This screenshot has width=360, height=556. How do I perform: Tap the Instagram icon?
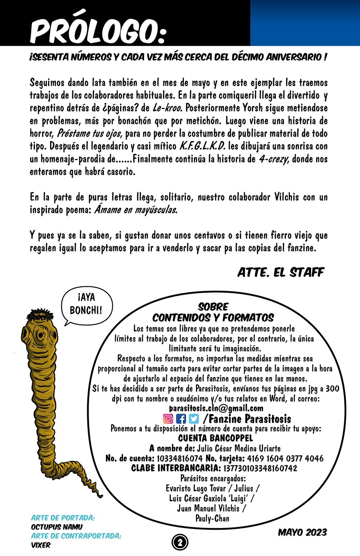(x=168, y=419)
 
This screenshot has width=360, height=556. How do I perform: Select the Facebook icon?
(x=181, y=419)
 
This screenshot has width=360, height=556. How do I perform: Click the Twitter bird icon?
(x=194, y=419)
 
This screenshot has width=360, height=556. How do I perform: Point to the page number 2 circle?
(x=180, y=542)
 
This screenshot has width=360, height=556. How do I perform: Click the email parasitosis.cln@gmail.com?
(x=216, y=408)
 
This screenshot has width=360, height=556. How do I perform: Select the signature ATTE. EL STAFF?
(x=280, y=272)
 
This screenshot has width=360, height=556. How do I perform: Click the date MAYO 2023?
(x=302, y=532)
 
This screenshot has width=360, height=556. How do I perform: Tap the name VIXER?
(x=41, y=545)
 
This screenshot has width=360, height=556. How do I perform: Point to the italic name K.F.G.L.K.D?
(x=202, y=146)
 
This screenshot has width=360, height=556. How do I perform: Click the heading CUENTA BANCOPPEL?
(x=215, y=438)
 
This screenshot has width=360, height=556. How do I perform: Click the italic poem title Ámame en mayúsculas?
(x=136, y=210)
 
